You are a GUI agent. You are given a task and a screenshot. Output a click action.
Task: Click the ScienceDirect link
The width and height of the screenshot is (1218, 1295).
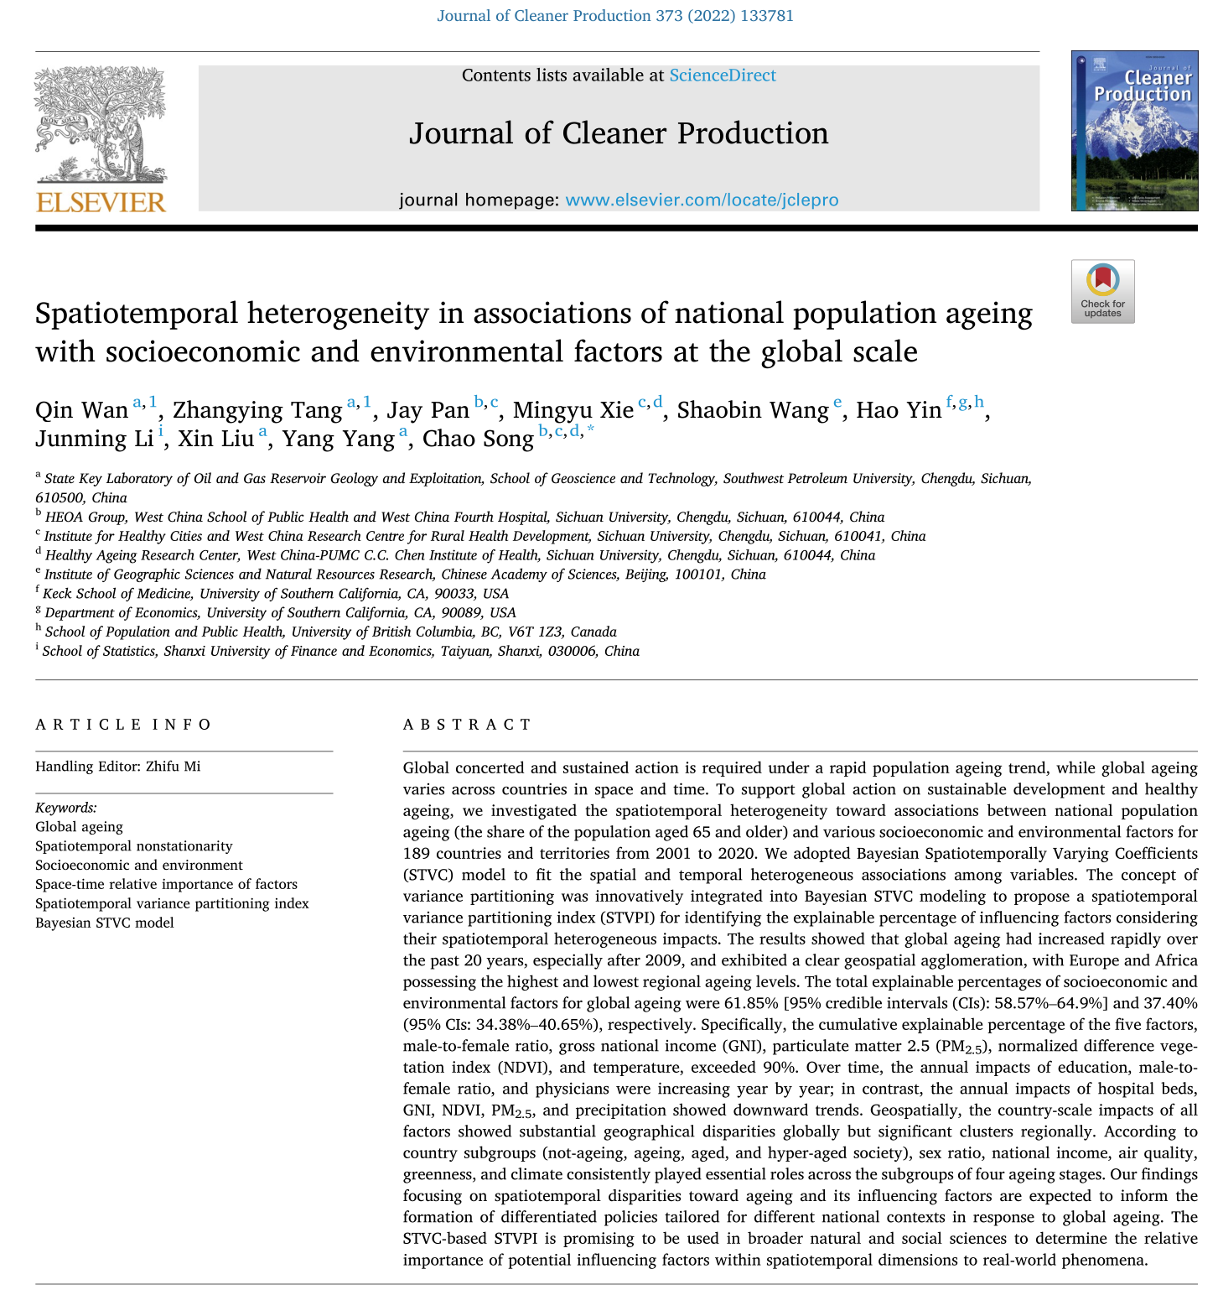coord(722,75)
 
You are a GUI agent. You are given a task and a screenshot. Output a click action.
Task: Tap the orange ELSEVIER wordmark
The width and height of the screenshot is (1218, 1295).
coord(101,202)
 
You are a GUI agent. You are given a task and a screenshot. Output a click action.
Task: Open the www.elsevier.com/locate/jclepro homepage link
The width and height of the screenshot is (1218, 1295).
coord(702,200)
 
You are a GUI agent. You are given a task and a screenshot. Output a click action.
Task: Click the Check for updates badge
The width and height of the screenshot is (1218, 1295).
coord(1102,291)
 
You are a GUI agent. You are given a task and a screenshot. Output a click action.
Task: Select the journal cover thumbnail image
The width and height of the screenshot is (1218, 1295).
coord(1134,130)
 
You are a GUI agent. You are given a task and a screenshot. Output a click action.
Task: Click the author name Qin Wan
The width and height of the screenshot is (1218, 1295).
coord(81,410)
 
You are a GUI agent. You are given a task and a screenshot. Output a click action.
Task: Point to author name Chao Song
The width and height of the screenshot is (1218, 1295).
coord(478,439)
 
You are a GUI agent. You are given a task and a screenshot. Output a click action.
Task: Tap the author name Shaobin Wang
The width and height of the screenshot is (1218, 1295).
coord(752,410)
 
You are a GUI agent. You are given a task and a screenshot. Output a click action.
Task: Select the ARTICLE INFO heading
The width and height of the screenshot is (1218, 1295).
coord(123,725)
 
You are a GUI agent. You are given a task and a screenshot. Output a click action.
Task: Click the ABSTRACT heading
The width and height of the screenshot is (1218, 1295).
coord(467,725)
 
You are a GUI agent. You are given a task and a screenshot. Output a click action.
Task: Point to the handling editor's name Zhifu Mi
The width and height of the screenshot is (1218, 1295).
coord(173,766)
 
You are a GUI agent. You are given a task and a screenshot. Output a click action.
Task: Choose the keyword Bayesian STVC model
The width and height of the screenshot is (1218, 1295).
coord(105,923)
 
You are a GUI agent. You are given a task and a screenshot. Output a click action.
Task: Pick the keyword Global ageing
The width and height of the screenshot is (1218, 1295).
coord(79,826)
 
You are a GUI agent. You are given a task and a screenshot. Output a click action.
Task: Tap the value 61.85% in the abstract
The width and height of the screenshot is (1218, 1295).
coord(749,1003)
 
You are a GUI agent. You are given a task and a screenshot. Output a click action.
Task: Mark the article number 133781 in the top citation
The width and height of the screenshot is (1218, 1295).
coord(767,16)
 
